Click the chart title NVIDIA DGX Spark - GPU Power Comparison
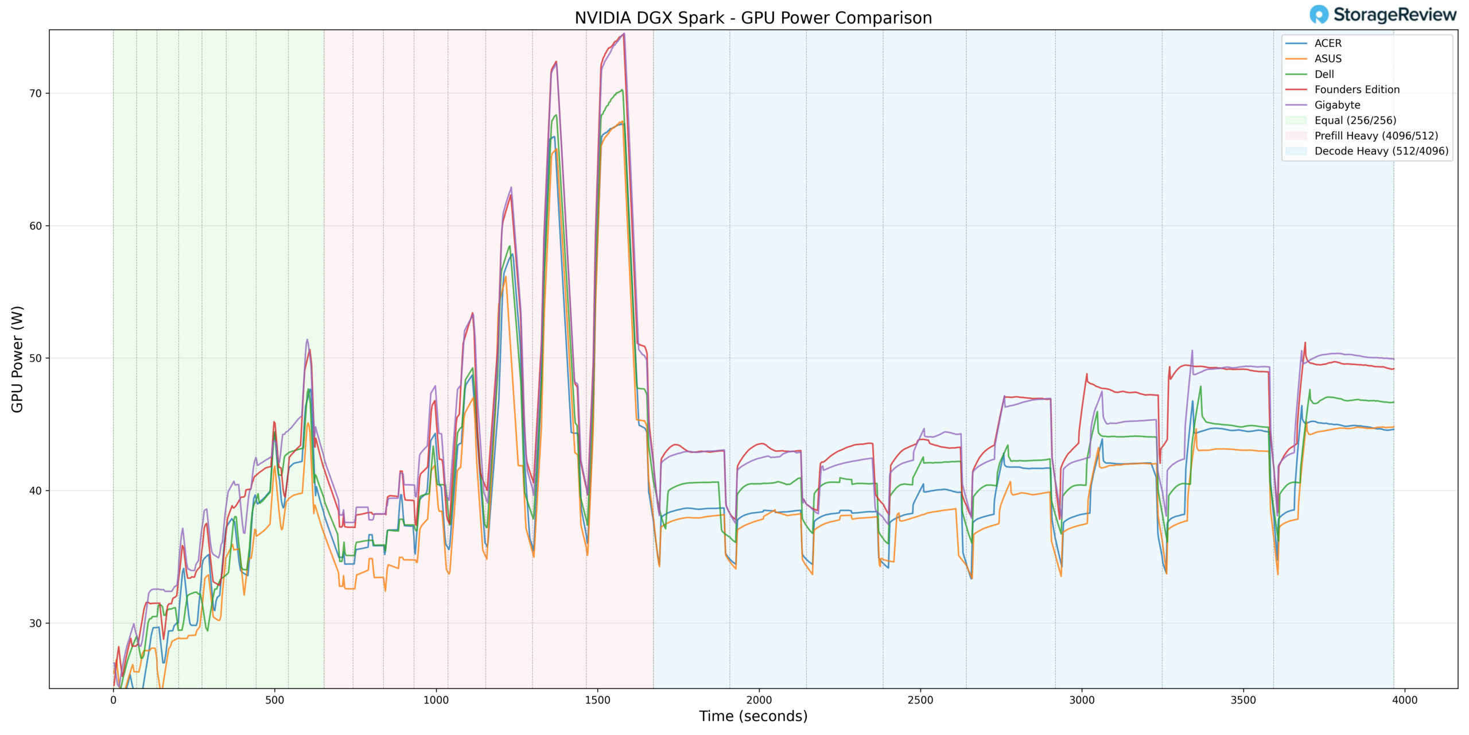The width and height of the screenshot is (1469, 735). [x=753, y=18]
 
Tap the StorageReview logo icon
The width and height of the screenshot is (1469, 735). [x=1319, y=14]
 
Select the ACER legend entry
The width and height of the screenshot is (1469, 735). [x=1328, y=44]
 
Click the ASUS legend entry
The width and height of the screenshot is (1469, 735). [x=1328, y=59]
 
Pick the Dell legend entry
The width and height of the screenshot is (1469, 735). [x=1324, y=74]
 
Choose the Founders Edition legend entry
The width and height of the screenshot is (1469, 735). [x=1357, y=90]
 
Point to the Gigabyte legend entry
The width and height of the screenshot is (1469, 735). [x=1337, y=105]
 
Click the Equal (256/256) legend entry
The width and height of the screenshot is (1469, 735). [x=1355, y=121]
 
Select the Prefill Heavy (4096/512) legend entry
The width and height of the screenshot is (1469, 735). [x=1376, y=136]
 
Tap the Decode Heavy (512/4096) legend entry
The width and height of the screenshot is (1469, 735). [x=1381, y=151]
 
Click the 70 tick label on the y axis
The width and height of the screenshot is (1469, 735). [x=36, y=93]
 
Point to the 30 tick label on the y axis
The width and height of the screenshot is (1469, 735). [x=36, y=623]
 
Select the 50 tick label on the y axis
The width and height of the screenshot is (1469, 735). [x=36, y=358]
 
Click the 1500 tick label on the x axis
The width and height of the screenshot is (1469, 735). [x=597, y=700]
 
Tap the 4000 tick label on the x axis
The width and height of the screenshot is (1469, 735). [x=1405, y=700]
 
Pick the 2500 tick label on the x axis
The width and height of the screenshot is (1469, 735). [x=920, y=700]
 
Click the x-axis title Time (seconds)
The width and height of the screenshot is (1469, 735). [x=753, y=717]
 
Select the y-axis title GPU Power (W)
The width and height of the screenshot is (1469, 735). [x=17, y=359]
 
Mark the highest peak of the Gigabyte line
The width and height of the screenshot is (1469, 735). [x=624, y=33]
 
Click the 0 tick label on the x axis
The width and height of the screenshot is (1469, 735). [x=113, y=700]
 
